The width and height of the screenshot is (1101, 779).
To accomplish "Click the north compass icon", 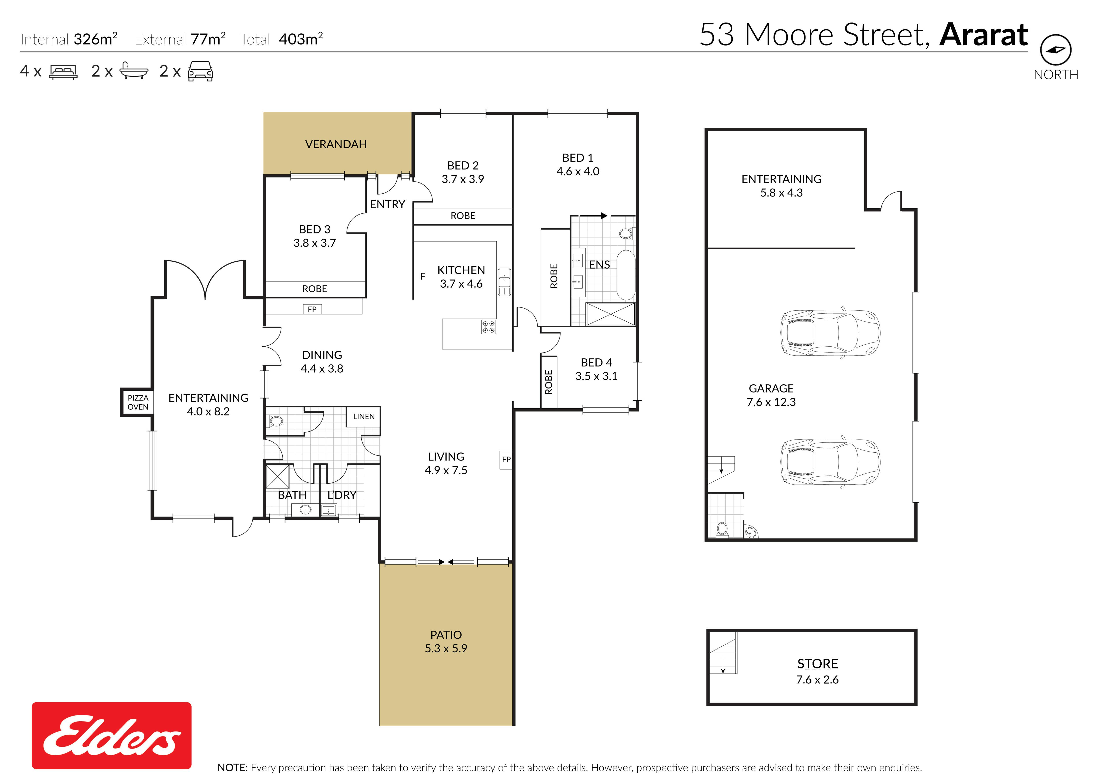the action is (x=1055, y=50).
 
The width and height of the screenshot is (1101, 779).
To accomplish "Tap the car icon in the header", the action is (x=200, y=71).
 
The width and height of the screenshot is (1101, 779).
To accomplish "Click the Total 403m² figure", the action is (x=281, y=39).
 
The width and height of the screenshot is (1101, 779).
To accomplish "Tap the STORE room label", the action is (x=818, y=664).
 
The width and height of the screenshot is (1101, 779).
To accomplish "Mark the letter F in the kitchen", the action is (x=423, y=276).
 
